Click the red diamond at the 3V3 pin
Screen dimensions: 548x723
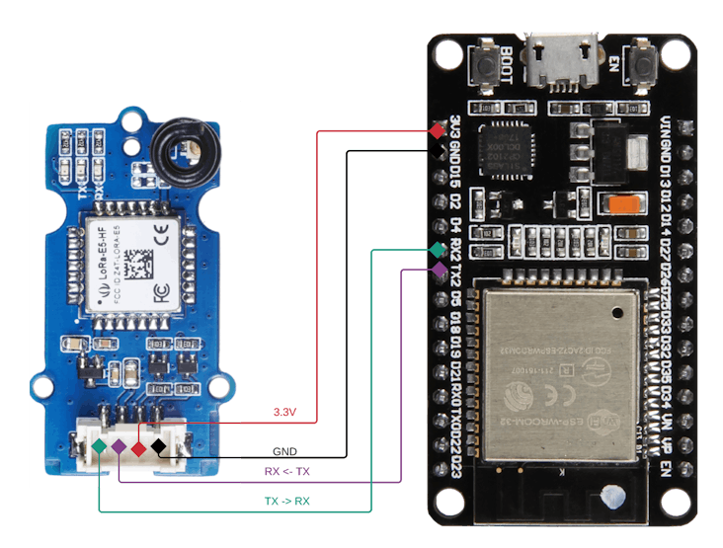click(x=438, y=130)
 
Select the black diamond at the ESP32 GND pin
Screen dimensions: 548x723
click(x=438, y=149)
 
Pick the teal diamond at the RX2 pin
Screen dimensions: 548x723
click(x=438, y=250)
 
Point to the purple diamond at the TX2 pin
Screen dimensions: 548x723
click(x=438, y=269)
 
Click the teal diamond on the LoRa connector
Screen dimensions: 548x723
click(x=100, y=447)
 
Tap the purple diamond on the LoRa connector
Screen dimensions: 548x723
click(x=119, y=447)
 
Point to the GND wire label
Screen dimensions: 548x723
click(x=284, y=451)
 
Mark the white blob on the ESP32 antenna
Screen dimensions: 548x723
click(x=614, y=498)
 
